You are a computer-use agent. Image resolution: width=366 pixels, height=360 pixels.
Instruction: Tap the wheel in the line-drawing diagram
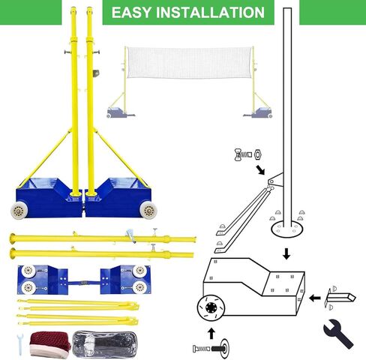coord(211,308)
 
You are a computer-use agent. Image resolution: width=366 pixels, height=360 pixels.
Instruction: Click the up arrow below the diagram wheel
coord(211,331)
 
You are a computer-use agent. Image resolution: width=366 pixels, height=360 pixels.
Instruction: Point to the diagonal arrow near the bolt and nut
coord(260,169)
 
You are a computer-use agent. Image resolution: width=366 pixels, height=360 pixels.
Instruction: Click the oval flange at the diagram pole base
coord(287,225)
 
